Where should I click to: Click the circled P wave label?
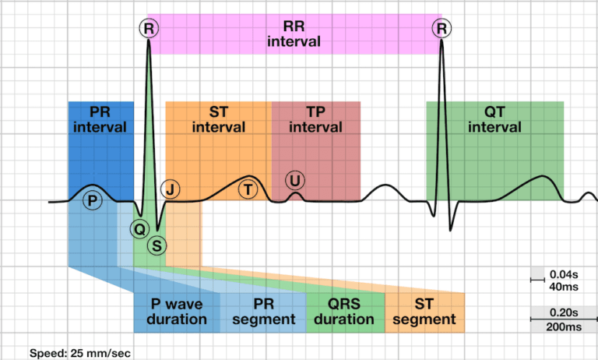pos(93,201)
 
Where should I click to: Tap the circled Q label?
pos(139,228)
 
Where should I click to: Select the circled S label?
pos(157,245)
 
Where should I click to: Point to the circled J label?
pos(170,189)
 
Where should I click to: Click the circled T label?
pos(248,189)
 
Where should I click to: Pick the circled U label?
pos(295,181)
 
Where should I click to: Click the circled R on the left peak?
pos(148,30)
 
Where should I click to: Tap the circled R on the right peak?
pos(442,30)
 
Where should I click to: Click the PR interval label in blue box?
pos(100,119)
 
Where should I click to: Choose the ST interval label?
pos(218,119)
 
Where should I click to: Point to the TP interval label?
pos(315,119)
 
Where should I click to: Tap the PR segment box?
pos(263,312)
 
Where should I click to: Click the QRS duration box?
pos(344,312)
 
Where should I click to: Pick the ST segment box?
pos(424,312)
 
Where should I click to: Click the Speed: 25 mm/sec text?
pos(73,353)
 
